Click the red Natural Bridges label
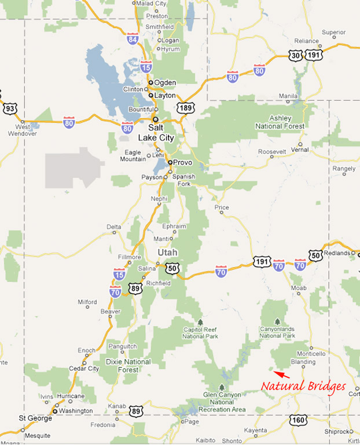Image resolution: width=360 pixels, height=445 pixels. (x=303, y=386)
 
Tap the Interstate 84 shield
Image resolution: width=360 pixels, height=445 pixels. (x=133, y=39)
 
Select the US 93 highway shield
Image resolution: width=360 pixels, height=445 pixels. (x=9, y=108)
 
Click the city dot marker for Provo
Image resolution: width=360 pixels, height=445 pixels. (x=170, y=163)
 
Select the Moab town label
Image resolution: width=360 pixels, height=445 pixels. (x=299, y=287)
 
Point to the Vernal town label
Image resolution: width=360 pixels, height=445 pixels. (x=300, y=149)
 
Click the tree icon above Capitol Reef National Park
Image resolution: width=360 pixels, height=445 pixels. (x=200, y=322)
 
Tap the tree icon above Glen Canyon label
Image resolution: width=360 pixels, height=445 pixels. (x=222, y=388)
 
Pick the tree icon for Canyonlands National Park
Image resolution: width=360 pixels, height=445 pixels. (x=277, y=322)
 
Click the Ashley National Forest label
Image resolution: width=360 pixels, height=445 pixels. (x=280, y=122)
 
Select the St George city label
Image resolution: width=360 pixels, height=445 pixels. (x=31, y=418)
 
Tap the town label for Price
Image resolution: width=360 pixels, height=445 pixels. (x=222, y=207)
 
